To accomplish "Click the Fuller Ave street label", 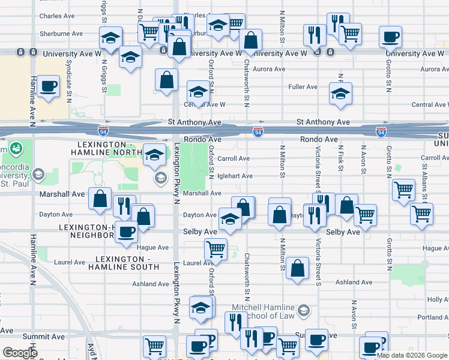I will click(303, 87).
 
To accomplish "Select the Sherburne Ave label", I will click(61, 34).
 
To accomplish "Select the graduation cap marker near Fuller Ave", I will click(340, 94).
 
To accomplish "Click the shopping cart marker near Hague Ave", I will click(215, 247).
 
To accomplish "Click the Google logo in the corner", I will click(20, 353).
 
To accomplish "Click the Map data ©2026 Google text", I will click(412, 355).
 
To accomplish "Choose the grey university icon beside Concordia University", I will click(39, 175).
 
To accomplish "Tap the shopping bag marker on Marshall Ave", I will click(100, 198).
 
